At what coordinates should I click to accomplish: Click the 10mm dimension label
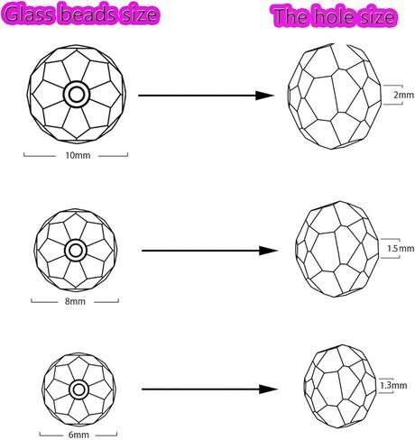pyautogui.click(x=78, y=155)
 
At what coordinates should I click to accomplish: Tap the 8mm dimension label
pyautogui.click(x=75, y=301)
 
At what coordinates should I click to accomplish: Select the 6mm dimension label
pyautogui.click(x=78, y=435)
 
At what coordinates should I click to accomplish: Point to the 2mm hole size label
pyautogui.click(x=403, y=95)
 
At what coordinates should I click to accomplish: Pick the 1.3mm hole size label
pyautogui.click(x=393, y=385)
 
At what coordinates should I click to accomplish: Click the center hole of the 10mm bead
pyautogui.click(x=77, y=95)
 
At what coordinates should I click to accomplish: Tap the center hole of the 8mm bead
pyautogui.click(x=76, y=251)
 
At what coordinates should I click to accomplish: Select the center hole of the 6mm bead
pyautogui.click(x=78, y=390)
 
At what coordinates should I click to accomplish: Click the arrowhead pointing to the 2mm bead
pyautogui.click(x=264, y=96)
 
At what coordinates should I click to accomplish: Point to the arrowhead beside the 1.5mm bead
pyautogui.click(x=268, y=251)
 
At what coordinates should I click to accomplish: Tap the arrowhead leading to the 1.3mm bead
pyautogui.click(x=268, y=390)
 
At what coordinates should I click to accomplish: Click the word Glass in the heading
pyautogui.click(x=29, y=14)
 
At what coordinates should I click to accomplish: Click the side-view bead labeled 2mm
pyautogui.click(x=335, y=96)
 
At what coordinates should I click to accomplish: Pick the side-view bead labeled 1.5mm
pyautogui.click(x=337, y=249)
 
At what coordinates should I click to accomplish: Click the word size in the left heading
pyautogui.click(x=138, y=14)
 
